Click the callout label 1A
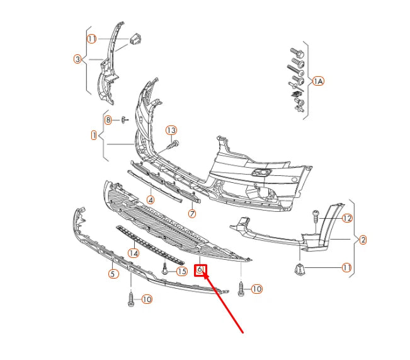(319, 81)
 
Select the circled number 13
(171, 131)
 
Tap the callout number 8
(108, 120)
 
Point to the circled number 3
(77, 59)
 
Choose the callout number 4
(151, 200)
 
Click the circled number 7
(192, 214)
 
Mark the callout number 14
(133, 253)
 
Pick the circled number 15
(182, 272)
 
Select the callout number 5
(113, 274)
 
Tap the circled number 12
(347, 219)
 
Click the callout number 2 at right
(362, 240)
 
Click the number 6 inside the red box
(200, 270)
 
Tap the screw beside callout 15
(164, 269)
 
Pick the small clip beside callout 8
(123, 119)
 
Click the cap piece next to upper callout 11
(134, 40)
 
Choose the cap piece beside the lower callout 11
(300, 270)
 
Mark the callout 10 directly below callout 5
(146, 299)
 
